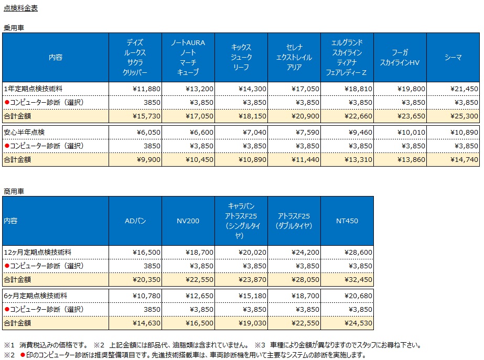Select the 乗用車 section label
(x=14, y=28)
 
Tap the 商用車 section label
(x=14, y=191)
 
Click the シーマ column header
(x=453, y=57)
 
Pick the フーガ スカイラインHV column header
(x=400, y=57)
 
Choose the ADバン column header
(x=135, y=221)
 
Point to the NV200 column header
(x=188, y=221)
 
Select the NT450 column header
(x=347, y=221)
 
